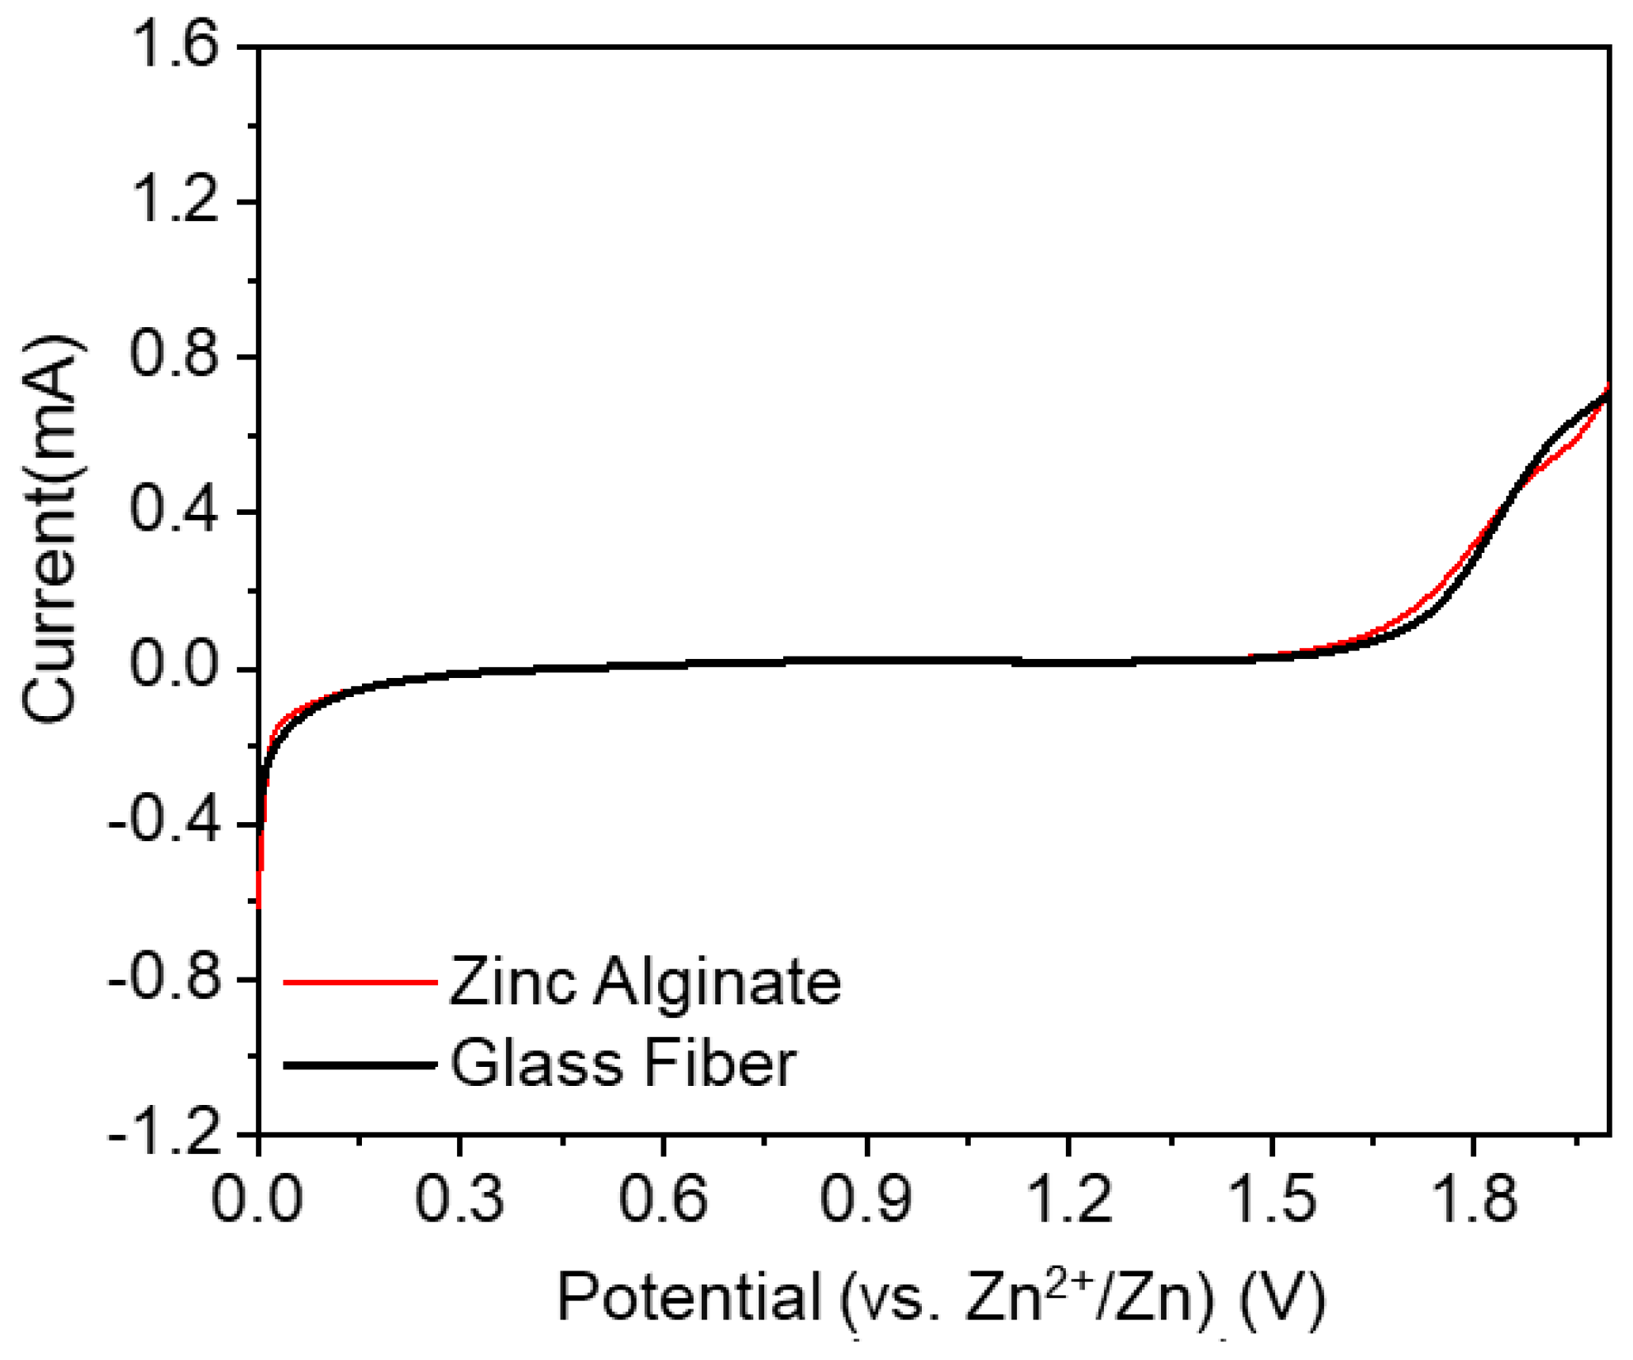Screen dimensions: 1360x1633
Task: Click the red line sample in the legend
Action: point(360,982)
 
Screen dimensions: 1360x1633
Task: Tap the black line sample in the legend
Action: point(360,1065)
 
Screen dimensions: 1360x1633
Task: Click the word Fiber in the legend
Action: point(719,1063)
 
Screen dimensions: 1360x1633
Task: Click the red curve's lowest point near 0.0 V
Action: point(259,905)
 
